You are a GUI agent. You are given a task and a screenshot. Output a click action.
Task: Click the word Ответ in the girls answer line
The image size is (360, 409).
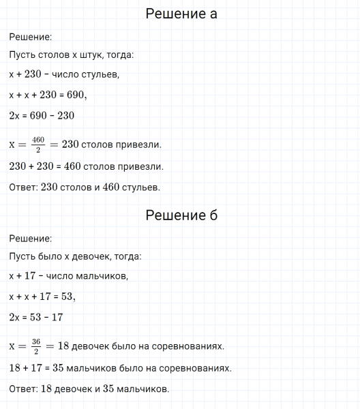pyautogui.click(x=22, y=389)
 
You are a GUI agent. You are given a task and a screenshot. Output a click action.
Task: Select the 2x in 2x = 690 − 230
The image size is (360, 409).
pyautogui.click(x=15, y=116)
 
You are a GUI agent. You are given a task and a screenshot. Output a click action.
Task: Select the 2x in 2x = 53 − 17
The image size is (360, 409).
pyautogui.click(x=15, y=317)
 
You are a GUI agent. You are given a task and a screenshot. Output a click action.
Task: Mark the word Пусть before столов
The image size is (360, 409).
pyautogui.click(x=22, y=55)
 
